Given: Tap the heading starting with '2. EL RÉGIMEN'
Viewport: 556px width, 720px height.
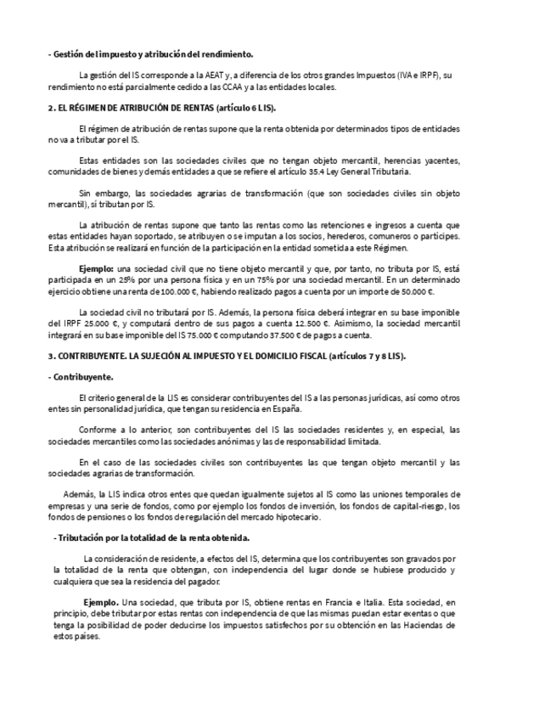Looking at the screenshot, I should (162, 109).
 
